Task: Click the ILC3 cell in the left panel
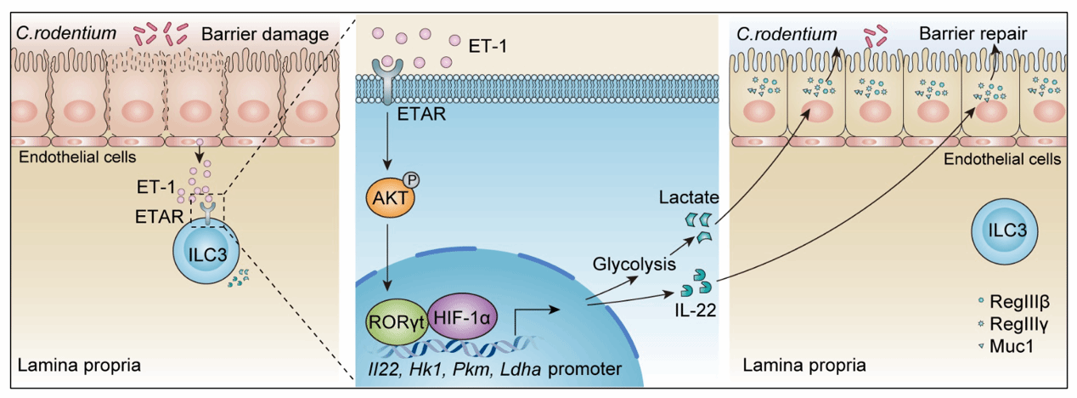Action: tap(206, 253)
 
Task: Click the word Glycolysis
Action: tap(627, 265)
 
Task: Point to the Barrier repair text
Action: tap(973, 34)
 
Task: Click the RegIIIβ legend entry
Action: tap(1018, 303)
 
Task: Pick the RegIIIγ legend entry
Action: tap(1018, 324)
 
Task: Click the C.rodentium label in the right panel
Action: tap(781, 34)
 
